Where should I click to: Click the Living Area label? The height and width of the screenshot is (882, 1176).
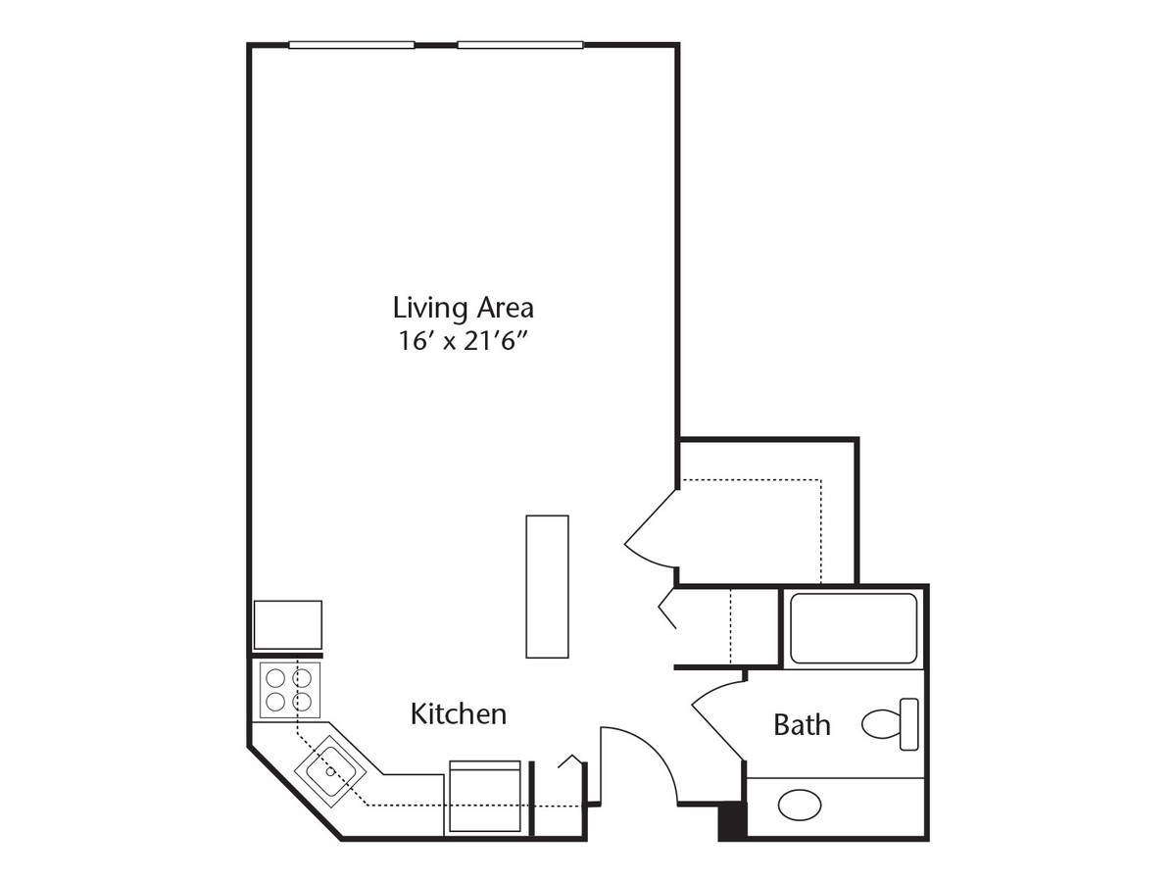463,308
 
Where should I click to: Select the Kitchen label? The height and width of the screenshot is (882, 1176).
459,714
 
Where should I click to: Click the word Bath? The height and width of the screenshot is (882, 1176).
802,725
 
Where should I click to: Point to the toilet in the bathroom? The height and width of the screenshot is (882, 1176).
882,724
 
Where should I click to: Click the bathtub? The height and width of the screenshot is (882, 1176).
853,628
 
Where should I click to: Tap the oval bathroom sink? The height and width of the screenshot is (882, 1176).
800,806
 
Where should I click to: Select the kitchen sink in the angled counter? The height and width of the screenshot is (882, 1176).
331,769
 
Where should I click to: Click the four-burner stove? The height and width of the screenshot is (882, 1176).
289,689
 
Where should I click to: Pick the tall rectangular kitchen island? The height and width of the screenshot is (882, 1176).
547,586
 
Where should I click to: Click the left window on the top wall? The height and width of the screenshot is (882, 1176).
352,44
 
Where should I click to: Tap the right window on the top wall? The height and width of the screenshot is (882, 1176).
520,44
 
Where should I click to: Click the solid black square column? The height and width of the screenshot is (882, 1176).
732,820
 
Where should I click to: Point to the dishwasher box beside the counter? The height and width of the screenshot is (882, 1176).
484,798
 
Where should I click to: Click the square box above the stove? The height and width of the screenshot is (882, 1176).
288,624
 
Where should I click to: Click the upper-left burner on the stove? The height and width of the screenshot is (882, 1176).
276,677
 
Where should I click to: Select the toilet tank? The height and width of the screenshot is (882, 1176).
908,724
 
